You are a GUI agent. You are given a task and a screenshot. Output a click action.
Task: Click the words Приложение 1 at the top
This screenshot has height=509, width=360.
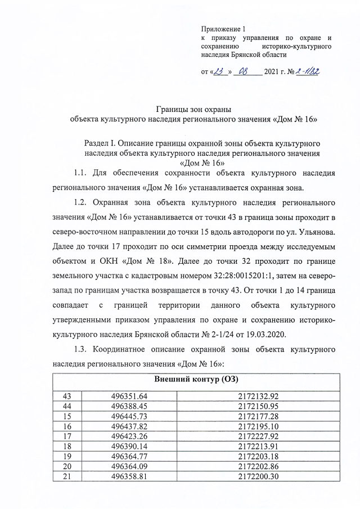coord(223,28)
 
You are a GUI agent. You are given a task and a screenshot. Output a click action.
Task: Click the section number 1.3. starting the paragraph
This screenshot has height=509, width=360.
coord(83,350)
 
